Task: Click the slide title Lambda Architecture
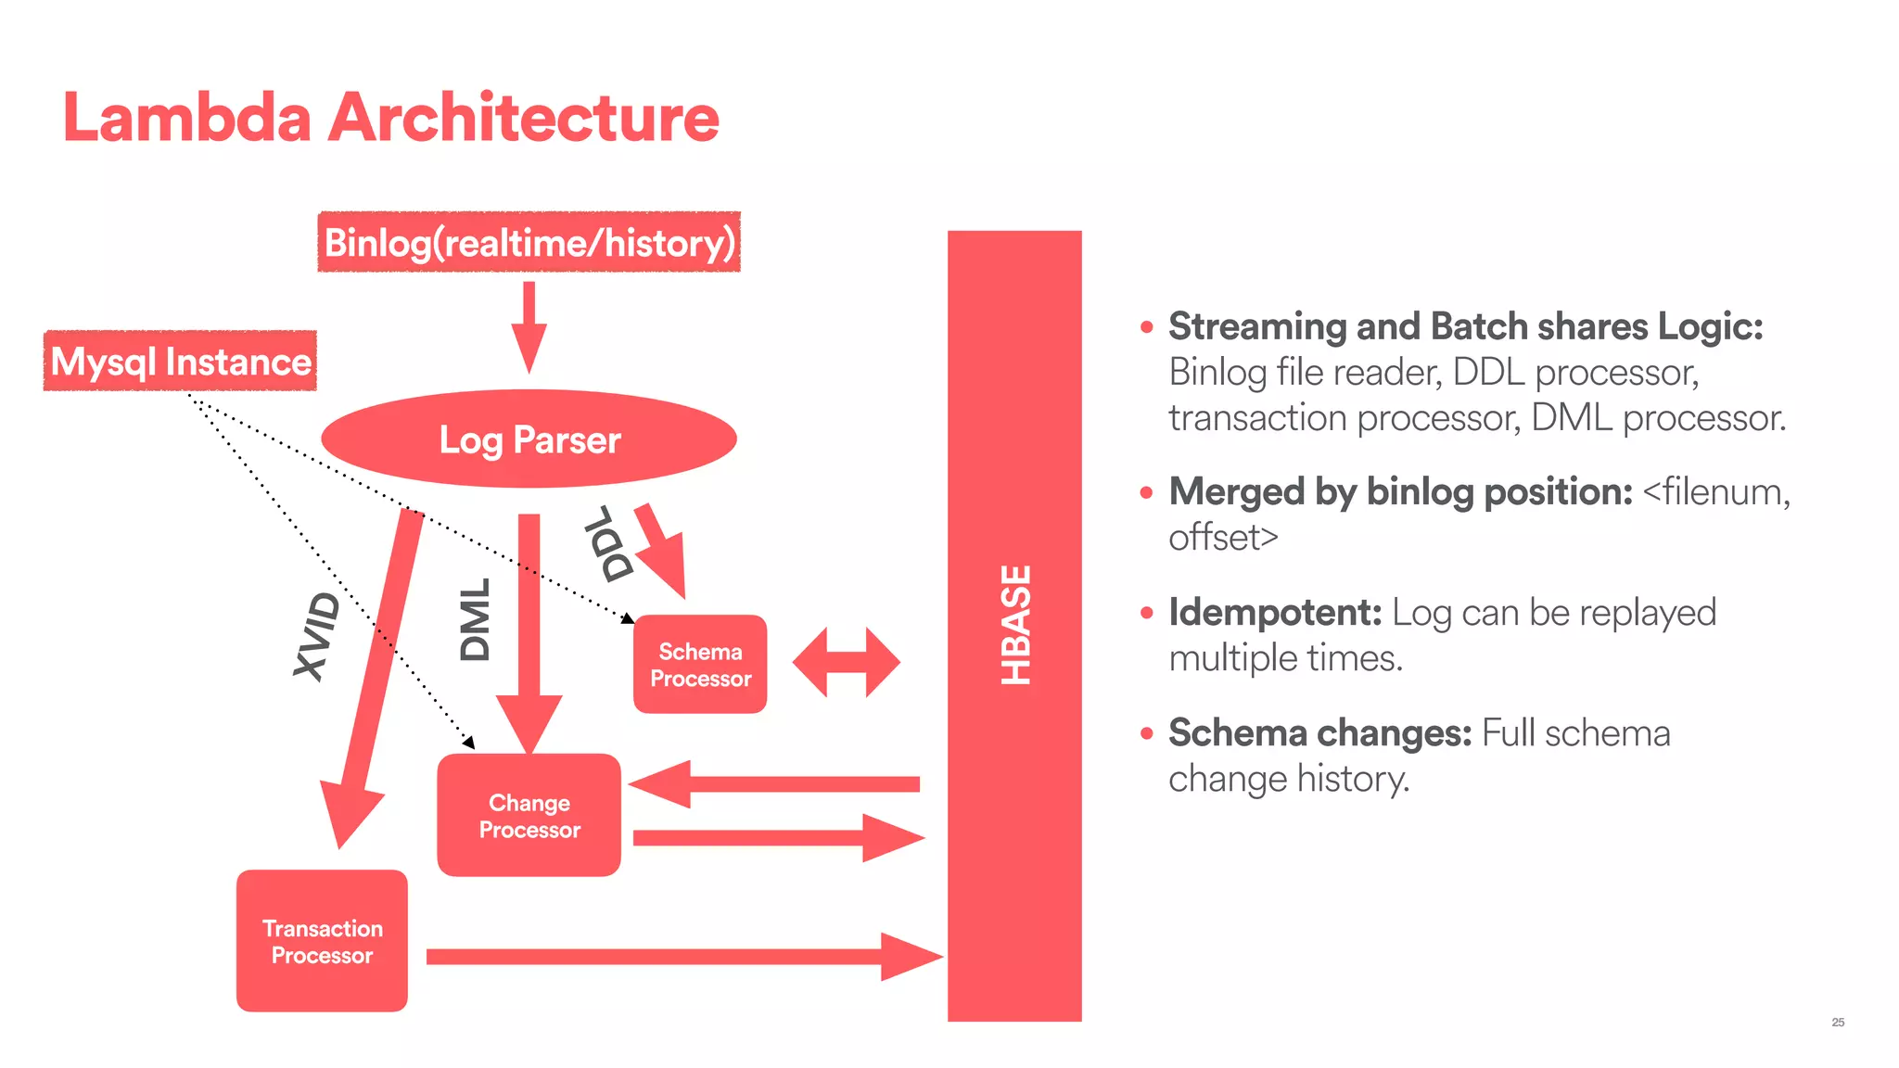point(389,118)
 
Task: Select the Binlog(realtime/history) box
point(529,242)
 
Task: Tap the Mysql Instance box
point(180,361)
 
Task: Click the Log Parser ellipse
point(529,439)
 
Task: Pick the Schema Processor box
point(700,665)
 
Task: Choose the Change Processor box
point(529,816)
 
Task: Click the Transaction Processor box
point(322,941)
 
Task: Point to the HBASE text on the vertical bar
point(1015,625)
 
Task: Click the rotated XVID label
point(316,636)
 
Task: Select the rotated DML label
point(475,619)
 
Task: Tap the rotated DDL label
point(609,545)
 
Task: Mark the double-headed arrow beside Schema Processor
point(846,662)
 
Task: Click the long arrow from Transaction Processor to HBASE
point(682,957)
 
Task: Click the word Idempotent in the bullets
point(1274,613)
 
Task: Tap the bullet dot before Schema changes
point(1147,733)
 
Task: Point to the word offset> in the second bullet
point(1222,538)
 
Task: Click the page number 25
point(1838,1023)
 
